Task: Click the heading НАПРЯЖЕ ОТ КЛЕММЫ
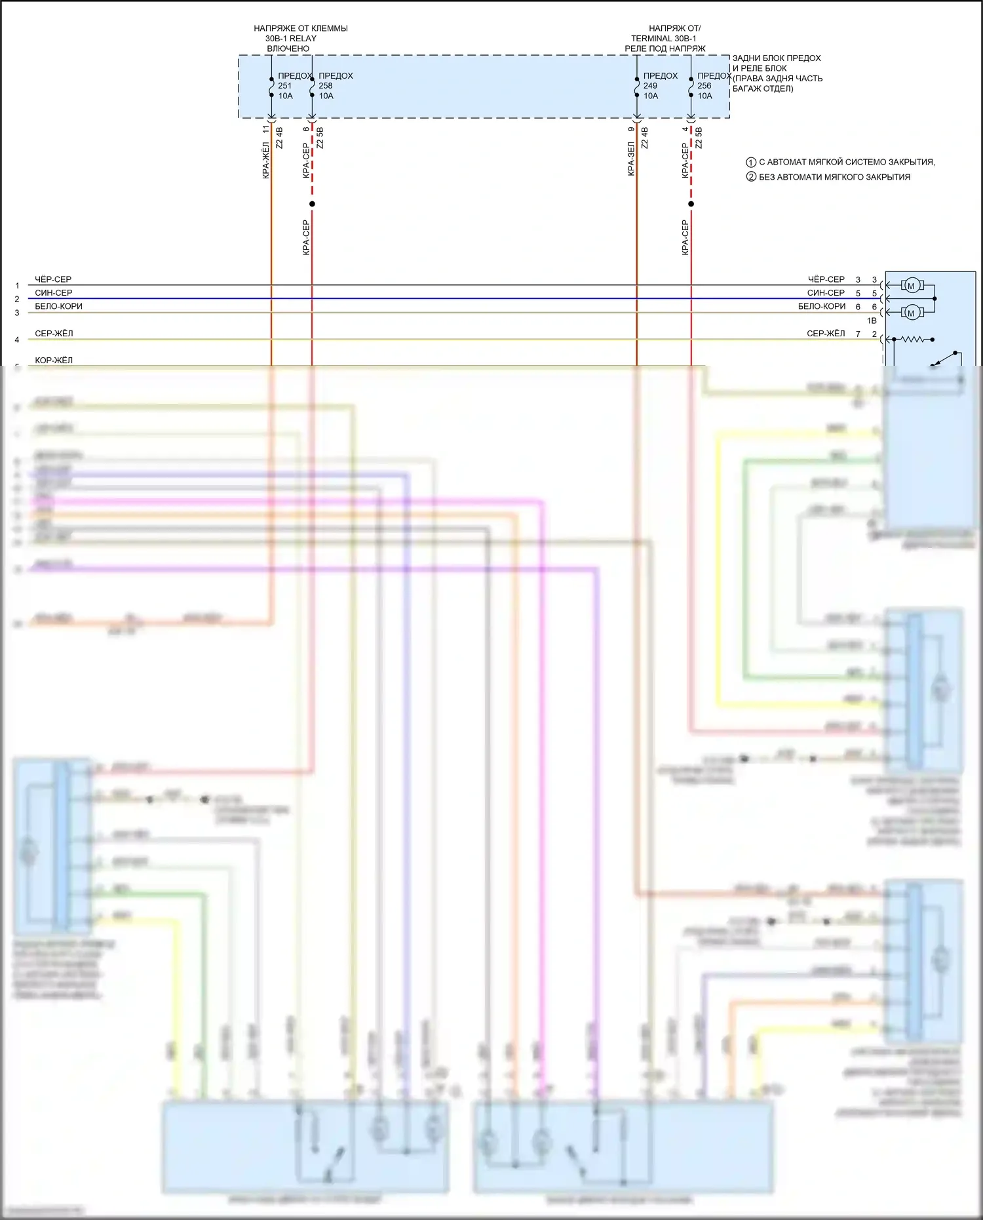click(301, 28)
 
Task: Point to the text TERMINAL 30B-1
click(663, 38)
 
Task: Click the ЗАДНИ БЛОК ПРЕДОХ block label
click(777, 58)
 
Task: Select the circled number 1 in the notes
click(751, 162)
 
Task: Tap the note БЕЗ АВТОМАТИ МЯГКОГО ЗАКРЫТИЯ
click(834, 177)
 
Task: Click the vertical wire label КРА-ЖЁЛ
click(266, 160)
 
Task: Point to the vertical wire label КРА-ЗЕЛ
click(631, 159)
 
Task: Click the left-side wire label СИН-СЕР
click(54, 292)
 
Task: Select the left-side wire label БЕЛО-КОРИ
click(59, 306)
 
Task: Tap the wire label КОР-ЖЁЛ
click(54, 360)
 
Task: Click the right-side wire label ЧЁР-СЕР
click(826, 279)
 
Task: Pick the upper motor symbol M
click(910, 286)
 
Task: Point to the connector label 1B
click(872, 321)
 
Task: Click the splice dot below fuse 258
click(312, 204)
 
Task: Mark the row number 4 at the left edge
click(17, 340)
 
